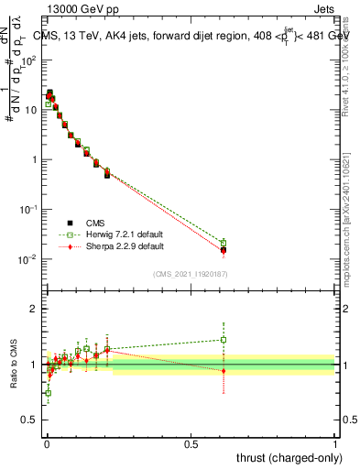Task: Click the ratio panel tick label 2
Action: point(33,309)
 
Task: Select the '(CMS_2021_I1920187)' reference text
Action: point(191,273)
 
